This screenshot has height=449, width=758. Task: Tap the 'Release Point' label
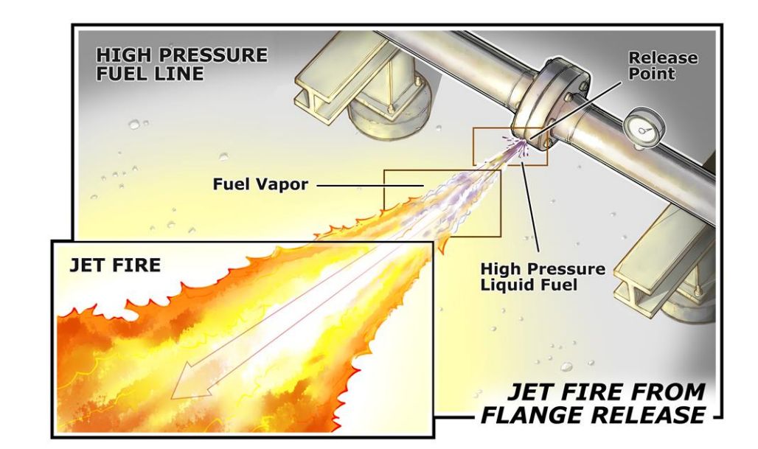tap(663, 66)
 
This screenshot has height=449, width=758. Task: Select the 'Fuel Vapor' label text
tap(260, 184)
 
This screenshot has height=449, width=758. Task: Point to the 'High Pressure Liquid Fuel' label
tap(543, 276)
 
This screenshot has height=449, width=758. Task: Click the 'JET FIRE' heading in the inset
tap(115, 265)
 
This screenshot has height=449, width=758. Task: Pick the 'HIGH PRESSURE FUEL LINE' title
tap(181, 64)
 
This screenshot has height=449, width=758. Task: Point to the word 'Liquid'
tap(504, 285)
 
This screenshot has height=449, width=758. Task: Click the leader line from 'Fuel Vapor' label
tap(370, 185)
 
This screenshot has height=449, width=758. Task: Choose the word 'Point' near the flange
tap(651, 74)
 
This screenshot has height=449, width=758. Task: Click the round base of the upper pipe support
tap(389, 115)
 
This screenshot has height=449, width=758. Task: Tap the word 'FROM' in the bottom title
tap(670, 392)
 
